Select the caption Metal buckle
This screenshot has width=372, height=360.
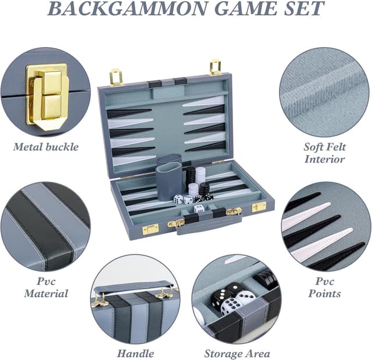[45, 146]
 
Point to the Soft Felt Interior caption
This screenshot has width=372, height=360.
[324, 153]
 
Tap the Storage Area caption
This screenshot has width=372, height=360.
[237, 353]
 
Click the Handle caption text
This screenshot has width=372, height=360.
[135, 353]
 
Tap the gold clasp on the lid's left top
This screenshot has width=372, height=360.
[116, 77]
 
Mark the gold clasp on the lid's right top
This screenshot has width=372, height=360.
[216, 67]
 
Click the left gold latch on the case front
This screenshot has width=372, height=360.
[151, 228]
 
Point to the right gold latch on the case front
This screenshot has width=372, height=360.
[259, 207]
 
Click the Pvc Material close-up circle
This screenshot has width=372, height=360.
[45, 226]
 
